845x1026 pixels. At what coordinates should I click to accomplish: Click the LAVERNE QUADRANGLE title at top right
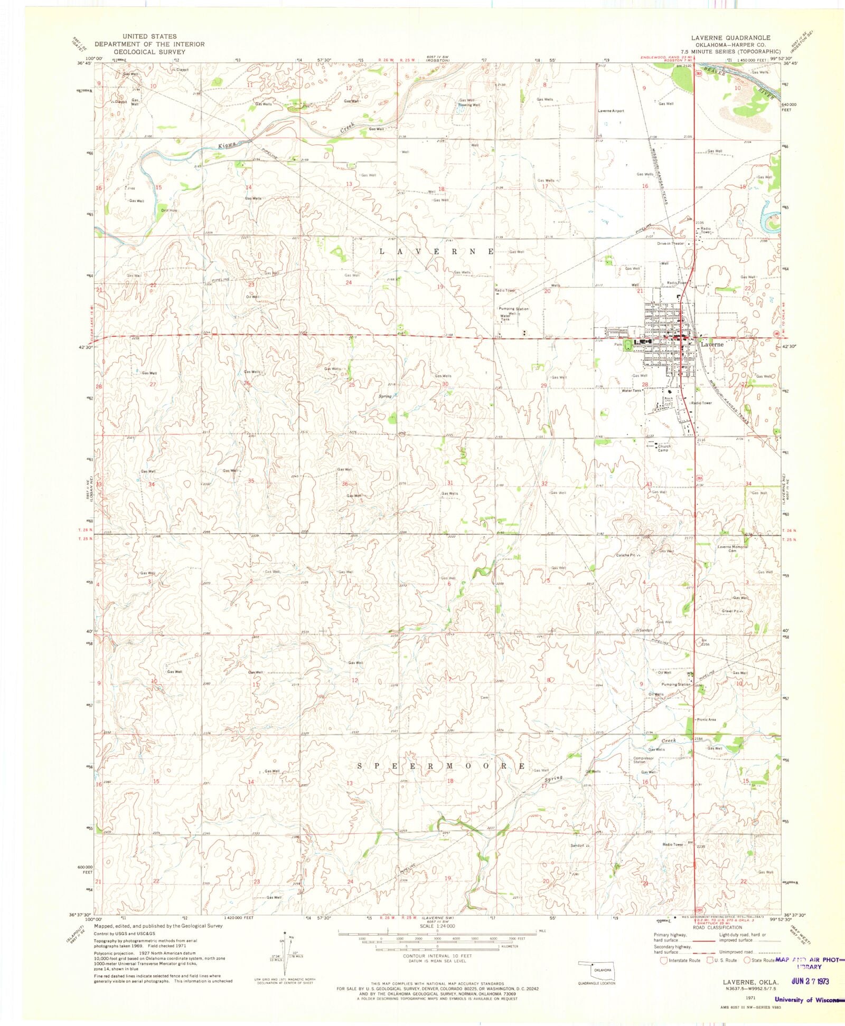point(731,38)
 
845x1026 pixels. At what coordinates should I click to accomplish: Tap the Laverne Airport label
point(611,111)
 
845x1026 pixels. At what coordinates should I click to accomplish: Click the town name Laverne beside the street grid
point(711,344)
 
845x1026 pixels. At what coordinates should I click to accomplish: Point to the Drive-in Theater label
point(671,244)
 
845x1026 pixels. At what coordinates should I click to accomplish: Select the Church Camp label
point(663,448)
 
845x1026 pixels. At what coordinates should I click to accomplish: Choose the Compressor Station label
point(643,760)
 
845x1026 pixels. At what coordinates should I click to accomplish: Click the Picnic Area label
point(706,720)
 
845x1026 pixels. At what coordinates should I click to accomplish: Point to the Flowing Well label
point(468,105)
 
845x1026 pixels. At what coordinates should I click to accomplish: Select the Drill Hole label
point(169,211)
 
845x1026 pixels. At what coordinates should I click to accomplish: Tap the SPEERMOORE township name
point(442,766)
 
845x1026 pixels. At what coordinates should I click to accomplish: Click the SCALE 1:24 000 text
point(420,926)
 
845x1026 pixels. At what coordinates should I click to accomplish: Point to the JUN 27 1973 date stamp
point(803,981)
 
